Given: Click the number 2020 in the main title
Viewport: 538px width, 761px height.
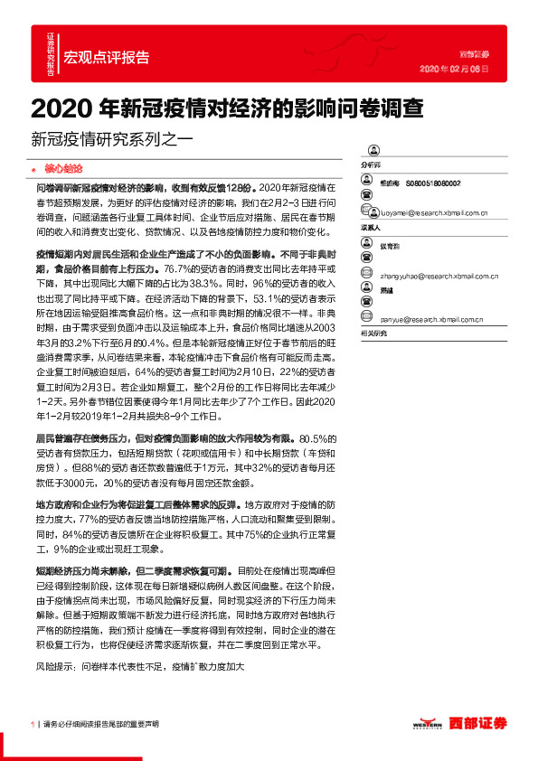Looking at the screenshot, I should (62, 108).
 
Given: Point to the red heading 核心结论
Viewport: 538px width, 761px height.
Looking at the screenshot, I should (63, 169).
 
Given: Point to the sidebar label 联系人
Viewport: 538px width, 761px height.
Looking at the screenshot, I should (372, 229).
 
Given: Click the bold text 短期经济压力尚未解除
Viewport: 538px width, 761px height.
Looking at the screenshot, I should (87, 571).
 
